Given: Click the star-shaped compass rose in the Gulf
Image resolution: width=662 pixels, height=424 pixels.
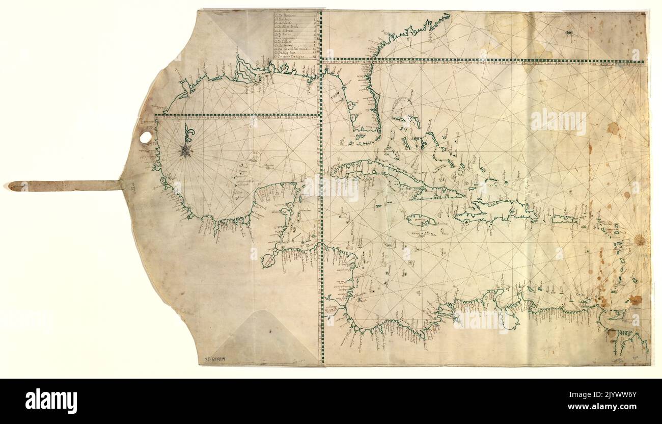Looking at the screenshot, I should [185, 150].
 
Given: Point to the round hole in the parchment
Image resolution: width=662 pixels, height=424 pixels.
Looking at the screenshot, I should [146, 138].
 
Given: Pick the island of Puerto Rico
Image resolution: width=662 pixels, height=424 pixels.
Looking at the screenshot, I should [564, 219].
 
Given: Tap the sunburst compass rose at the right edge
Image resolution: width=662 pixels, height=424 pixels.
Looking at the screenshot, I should [640, 240].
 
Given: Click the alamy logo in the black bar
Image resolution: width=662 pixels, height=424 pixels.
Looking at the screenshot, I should [51, 401].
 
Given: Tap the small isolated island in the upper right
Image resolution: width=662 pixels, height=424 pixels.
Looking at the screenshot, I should [569, 33].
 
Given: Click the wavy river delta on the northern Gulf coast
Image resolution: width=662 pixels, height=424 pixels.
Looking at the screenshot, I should [245, 71].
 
